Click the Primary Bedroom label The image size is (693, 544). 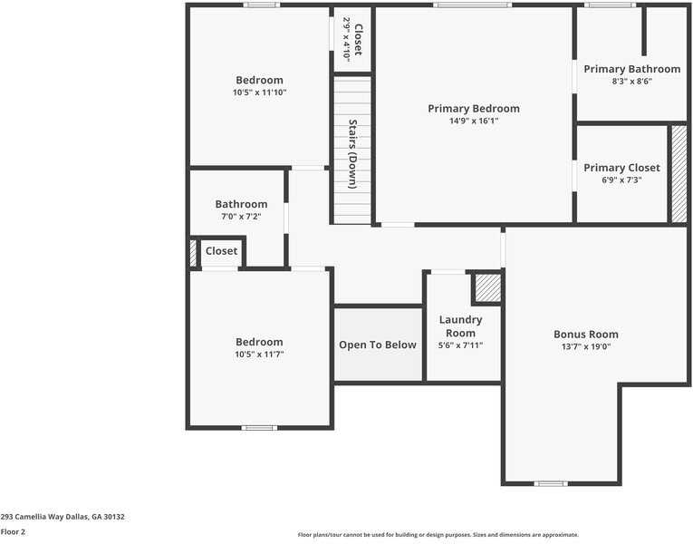coord(474,108)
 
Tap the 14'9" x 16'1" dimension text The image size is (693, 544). coord(474,121)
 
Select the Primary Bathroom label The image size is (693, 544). coord(631,69)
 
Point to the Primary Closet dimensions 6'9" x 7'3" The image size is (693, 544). coord(621,180)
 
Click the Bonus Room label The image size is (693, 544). coord(586,334)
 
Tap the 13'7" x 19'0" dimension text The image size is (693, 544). coord(586,346)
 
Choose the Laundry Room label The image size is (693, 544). coord(460,326)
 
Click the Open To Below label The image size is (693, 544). coord(378,345)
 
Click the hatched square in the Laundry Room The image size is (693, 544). coord(488,288)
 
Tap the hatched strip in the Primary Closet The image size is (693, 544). coord(679,173)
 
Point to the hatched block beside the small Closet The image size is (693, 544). coord(193,252)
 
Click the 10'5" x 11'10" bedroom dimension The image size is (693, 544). coord(259,92)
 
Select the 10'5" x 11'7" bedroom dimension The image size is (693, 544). coord(259,355)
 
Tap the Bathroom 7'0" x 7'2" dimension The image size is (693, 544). coord(241,217)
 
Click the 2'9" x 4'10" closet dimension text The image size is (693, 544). coord(346,41)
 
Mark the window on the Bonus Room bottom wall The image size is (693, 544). coord(550,483)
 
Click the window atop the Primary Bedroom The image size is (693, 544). coord(471,5)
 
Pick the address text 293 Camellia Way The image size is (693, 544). coord(63,517)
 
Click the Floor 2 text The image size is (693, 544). coord(14,532)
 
